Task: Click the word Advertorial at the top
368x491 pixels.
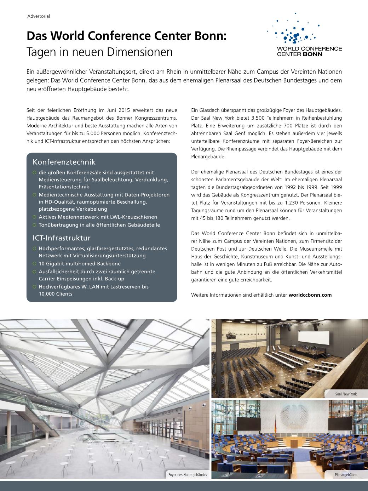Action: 39,16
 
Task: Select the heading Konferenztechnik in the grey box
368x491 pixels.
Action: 64,162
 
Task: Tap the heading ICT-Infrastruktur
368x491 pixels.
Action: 62,238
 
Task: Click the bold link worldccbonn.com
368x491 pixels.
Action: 310,295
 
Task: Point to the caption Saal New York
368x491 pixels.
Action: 346,394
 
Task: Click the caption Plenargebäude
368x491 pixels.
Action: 346,475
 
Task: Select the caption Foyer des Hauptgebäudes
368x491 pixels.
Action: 187,475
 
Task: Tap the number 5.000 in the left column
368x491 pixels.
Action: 93,133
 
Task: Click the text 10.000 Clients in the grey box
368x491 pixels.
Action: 55,294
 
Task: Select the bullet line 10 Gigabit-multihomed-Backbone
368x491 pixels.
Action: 80,263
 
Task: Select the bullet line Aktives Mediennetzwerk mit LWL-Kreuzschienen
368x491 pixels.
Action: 98,217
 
